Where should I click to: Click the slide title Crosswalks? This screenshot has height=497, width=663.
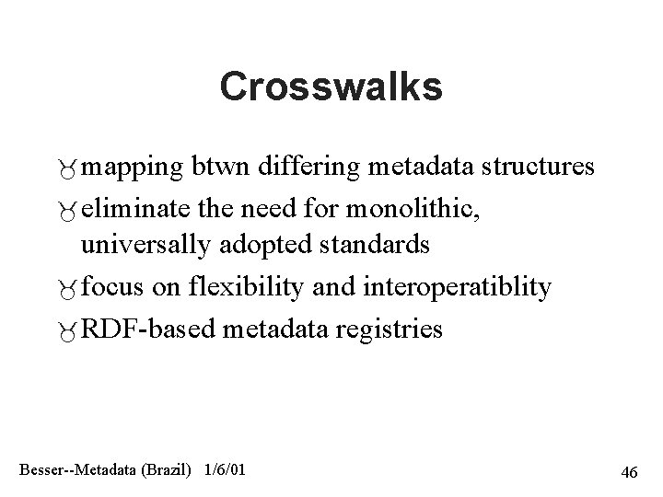point(331,87)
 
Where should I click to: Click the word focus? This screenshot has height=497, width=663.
point(114,287)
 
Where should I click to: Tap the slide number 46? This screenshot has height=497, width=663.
point(630,472)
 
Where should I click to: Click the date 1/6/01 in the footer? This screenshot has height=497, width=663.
point(224,470)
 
